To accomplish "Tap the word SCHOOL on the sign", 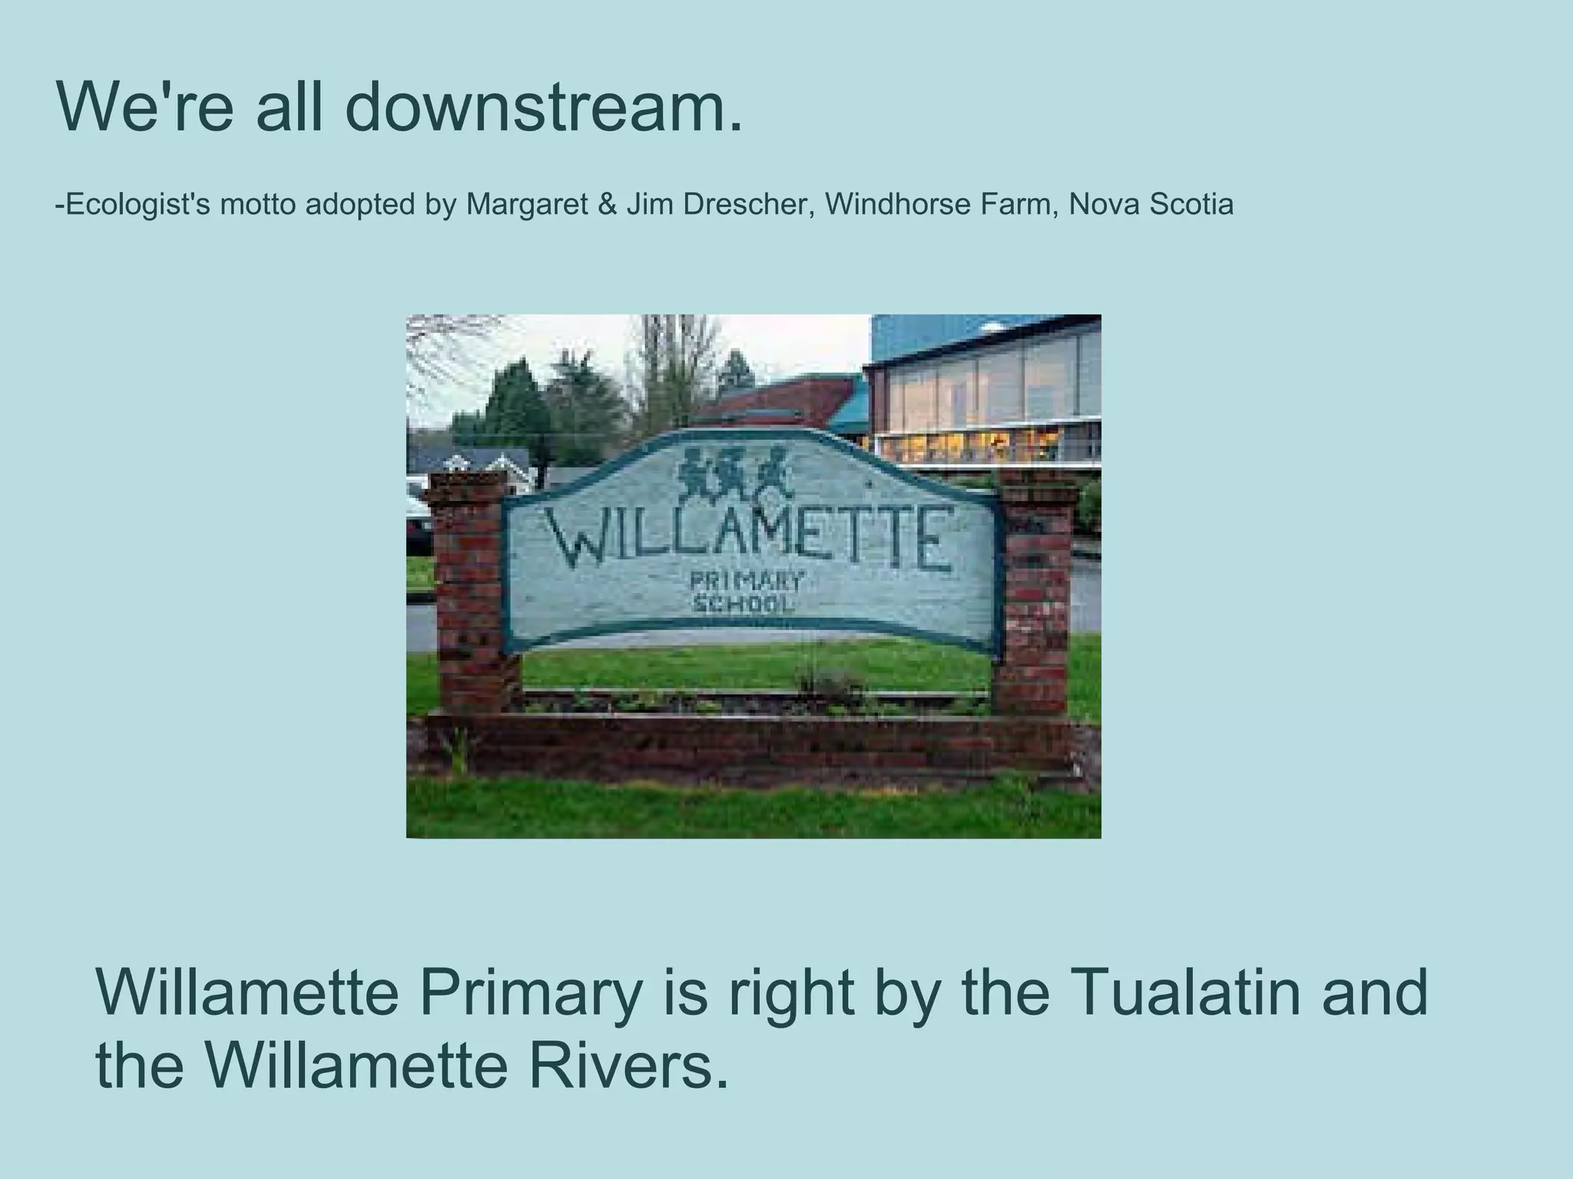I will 742,604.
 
